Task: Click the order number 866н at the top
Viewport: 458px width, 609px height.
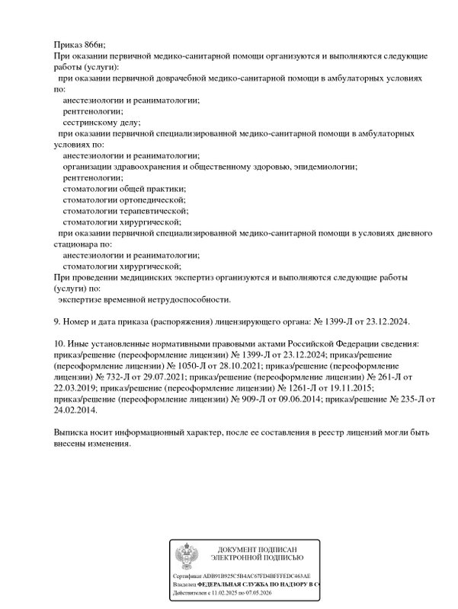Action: (94, 46)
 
